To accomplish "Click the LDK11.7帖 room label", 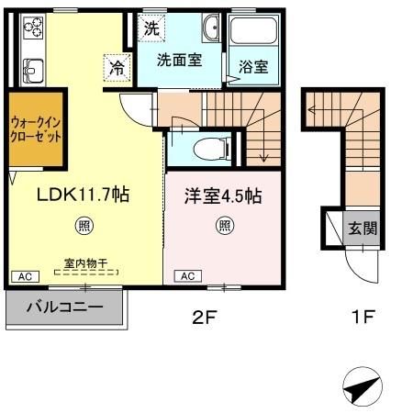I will click(82, 195).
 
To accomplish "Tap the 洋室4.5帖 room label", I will click(223, 195).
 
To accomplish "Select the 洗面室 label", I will click(177, 61).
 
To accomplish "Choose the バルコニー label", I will click(63, 307).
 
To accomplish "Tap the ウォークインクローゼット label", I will click(37, 128).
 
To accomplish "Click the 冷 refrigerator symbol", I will click(117, 66).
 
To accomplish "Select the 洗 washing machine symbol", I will click(151, 28).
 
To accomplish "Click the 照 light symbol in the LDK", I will click(83, 225).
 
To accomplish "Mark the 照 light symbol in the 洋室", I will click(224, 224).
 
